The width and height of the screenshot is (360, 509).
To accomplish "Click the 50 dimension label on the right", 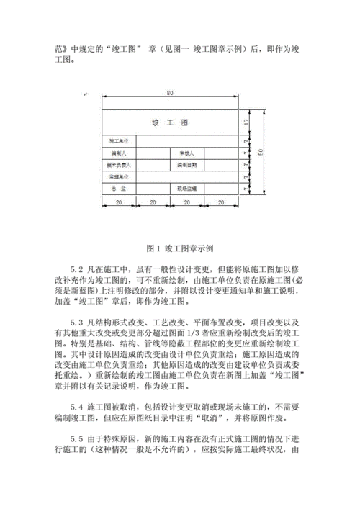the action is click(x=261, y=151).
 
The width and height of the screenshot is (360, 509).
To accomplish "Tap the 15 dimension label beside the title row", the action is click(x=247, y=122).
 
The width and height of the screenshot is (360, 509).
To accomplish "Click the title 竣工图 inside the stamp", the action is click(x=170, y=122).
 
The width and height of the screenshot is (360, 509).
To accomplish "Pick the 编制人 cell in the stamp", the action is click(x=118, y=153).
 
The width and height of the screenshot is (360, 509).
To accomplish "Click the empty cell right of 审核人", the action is click(x=220, y=153).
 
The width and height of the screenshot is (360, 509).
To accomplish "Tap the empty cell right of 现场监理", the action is click(x=220, y=187).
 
